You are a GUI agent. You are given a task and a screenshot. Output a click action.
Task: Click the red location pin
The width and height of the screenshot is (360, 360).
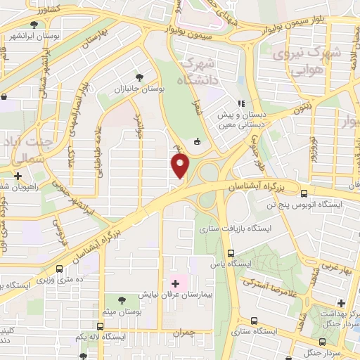click(181, 166)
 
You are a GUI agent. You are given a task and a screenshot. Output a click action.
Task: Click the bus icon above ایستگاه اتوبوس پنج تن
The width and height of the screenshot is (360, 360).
click(304, 193)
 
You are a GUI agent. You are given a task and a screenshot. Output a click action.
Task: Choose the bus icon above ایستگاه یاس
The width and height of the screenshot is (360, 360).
click(231, 254)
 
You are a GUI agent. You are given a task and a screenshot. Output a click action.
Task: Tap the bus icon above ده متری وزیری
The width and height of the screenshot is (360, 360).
click(59, 269)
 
